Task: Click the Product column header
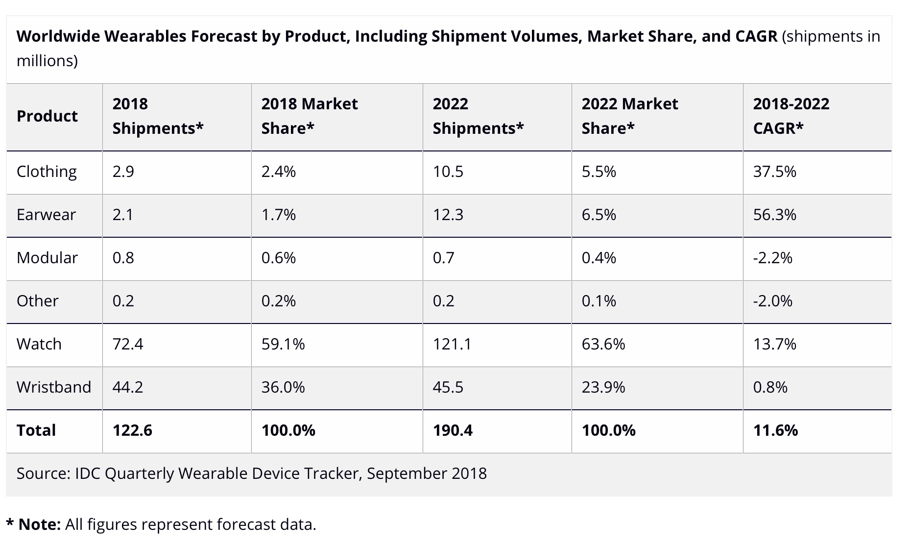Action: click(47, 116)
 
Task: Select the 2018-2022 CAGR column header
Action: click(791, 116)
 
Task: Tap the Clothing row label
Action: click(47, 172)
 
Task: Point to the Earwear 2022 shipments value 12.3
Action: click(448, 215)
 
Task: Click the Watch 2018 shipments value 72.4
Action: click(128, 344)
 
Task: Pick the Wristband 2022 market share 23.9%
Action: click(603, 387)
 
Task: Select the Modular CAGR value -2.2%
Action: click(772, 258)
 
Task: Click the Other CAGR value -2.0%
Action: click(772, 301)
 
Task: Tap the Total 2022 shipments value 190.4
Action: click(453, 430)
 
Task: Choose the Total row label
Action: click(36, 430)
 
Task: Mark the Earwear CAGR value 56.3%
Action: click(774, 215)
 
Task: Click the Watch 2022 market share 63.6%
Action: click(603, 344)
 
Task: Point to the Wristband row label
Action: click(54, 387)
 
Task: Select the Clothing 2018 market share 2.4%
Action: click(278, 172)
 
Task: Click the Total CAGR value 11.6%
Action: click(775, 430)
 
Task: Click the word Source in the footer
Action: click(42, 473)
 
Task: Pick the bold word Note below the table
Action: click(39, 524)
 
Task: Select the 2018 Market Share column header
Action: click(309, 116)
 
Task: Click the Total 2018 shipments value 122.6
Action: click(132, 430)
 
